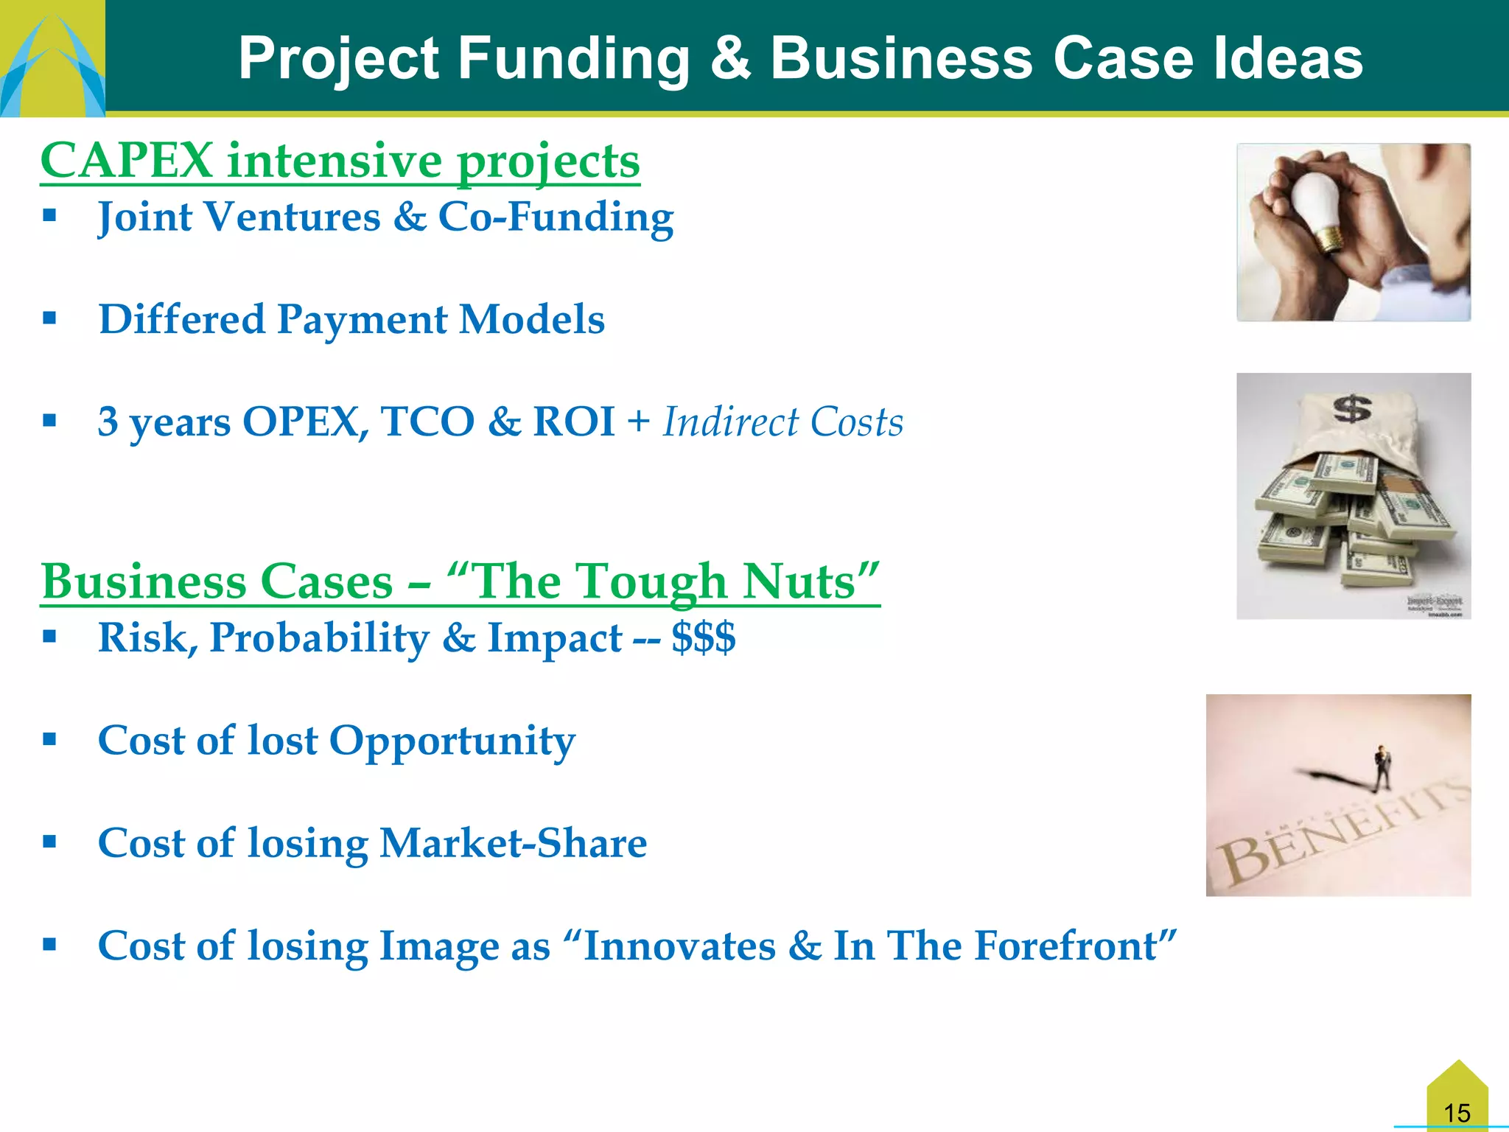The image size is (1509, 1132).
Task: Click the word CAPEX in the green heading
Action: click(x=127, y=161)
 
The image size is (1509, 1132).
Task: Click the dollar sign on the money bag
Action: click(x=1352, y=409)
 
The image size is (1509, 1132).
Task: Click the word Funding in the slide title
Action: click(x=574, y=59)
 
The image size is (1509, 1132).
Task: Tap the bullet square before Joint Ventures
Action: click(x=49, y=216)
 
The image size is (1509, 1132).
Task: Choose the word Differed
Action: click(x=181, y=319)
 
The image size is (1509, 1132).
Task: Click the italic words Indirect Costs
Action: click(x=782, y=422)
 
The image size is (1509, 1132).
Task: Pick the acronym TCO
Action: click(x=427, y=422)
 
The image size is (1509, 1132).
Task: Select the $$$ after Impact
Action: click(x=703, y=637)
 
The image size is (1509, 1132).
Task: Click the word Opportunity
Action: click(x=452, y=741)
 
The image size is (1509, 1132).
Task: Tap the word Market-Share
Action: click(x=513, y=843)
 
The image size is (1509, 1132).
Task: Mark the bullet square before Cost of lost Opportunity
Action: click(x=49, y=739)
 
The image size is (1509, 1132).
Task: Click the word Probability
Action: click(x=319, y=638)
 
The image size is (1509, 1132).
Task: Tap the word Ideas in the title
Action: click(x=1288, y=59)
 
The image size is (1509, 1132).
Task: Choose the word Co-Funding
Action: click(x=556, y=217)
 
